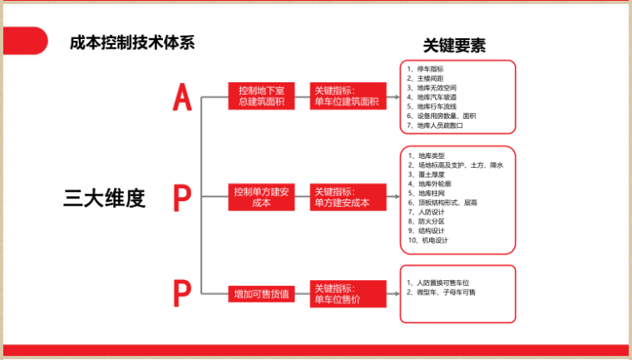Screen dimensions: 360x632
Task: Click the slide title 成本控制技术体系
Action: pyautogui.click(x=132, y=42)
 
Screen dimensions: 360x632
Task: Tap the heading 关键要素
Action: pyautogui.click(x=455, y=46)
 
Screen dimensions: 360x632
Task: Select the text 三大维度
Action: pyautogui.click(x=105, y=199)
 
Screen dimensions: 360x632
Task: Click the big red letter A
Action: pyautogui.click(x=182, y=97)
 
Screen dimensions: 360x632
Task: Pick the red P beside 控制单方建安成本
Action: pyautogui.click(x=181, y=198)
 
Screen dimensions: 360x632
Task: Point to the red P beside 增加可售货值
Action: pyautogui.click(x=181, y=293)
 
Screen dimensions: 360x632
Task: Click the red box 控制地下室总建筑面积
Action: pyautogui.click(x=261, y=96)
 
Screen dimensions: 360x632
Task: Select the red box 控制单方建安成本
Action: pyautogui.click(x=261, y=198)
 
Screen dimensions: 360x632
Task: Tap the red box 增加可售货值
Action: pyautogui.click(x=261, y=293)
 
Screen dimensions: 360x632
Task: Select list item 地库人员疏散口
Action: pyautogui.click(x=440, y=126)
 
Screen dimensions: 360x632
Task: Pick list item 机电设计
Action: pyautogui.click(x=432, y=240)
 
